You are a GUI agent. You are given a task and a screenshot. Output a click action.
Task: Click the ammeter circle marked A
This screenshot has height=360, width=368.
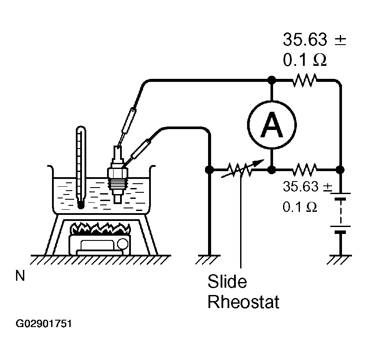click(x=272, y=125)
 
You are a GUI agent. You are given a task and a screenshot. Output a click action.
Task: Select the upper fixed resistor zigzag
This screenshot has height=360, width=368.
click(x=305, y=80)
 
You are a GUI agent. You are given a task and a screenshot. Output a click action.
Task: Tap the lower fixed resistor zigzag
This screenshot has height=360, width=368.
click(x=305, y=169)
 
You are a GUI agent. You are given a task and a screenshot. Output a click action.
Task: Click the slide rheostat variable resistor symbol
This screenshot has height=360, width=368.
click(x=241, y=169)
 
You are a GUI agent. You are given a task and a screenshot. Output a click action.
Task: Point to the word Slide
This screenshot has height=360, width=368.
click(x=227, y=281)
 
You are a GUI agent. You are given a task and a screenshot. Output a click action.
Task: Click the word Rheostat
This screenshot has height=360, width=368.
click(x=243, y=302)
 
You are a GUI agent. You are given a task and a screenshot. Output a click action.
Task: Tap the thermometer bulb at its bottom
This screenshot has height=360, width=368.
click(x=81, y=205)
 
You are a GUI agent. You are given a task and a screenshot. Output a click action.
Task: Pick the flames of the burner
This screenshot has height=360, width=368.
click(x=101, y=228)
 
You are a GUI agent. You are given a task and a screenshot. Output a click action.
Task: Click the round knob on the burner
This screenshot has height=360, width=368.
click(x=123, y=243)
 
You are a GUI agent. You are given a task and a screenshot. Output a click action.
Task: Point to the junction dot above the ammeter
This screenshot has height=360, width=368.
click(x=272, y=80)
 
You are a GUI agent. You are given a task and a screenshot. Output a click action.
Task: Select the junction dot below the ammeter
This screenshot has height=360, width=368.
click(x=272, y=169)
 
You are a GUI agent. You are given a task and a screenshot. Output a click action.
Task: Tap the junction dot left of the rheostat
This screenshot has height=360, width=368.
click(x=209, y=169)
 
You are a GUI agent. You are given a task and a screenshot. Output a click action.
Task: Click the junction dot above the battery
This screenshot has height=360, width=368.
click(x=340, y=169)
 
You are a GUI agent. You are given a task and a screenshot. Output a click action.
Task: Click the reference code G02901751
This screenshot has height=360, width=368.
click(x=44, y=324)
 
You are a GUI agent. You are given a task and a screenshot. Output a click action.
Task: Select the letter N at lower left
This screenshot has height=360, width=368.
click(x=20, y=276)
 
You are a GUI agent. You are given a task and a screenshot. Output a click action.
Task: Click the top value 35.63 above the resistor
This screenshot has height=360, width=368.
click(x=305, y=39)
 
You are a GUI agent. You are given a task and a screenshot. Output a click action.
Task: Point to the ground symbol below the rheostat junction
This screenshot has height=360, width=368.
click(x=208, y=259)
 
